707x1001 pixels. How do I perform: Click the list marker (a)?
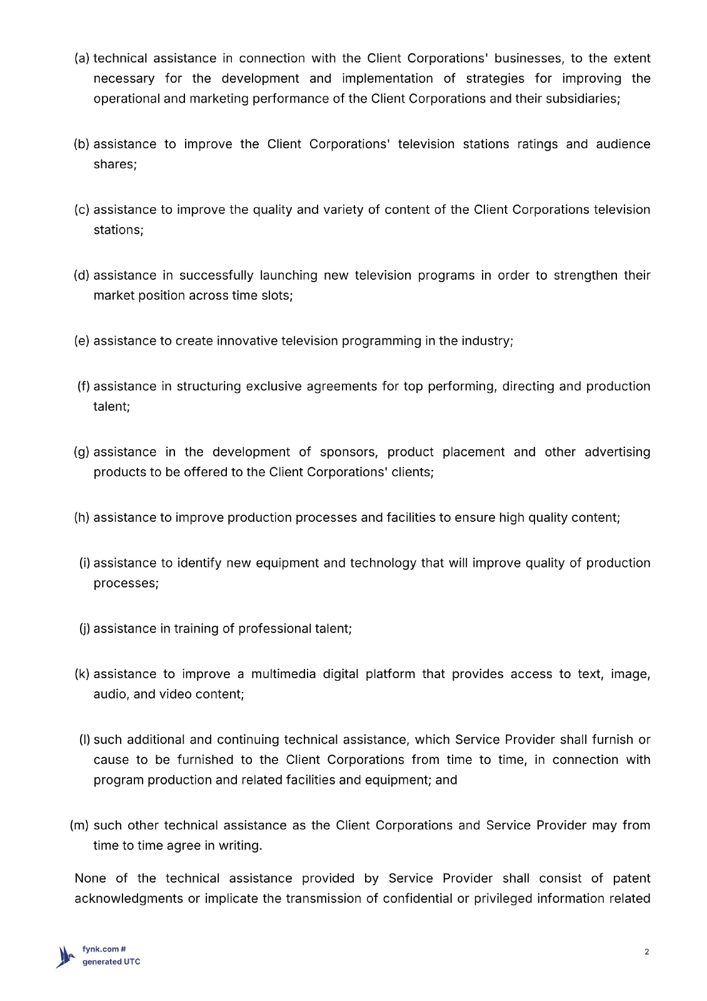tap(82, 58)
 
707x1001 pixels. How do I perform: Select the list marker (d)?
tap(82, 275)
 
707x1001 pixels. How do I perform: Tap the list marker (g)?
tap(82, 452)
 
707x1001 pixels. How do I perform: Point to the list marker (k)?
tap(82, 674)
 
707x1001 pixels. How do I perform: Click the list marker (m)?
tap(79, 825)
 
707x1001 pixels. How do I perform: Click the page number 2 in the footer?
tap(646, 952)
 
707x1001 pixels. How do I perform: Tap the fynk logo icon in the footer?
tap(65, 956)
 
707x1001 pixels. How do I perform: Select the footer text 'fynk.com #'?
tap(104, 949)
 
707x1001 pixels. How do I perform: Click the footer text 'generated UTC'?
tap(111, 962)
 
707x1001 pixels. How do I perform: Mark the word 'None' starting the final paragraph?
tap(90, 878)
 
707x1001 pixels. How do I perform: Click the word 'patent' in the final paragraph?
tap(631, 878)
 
